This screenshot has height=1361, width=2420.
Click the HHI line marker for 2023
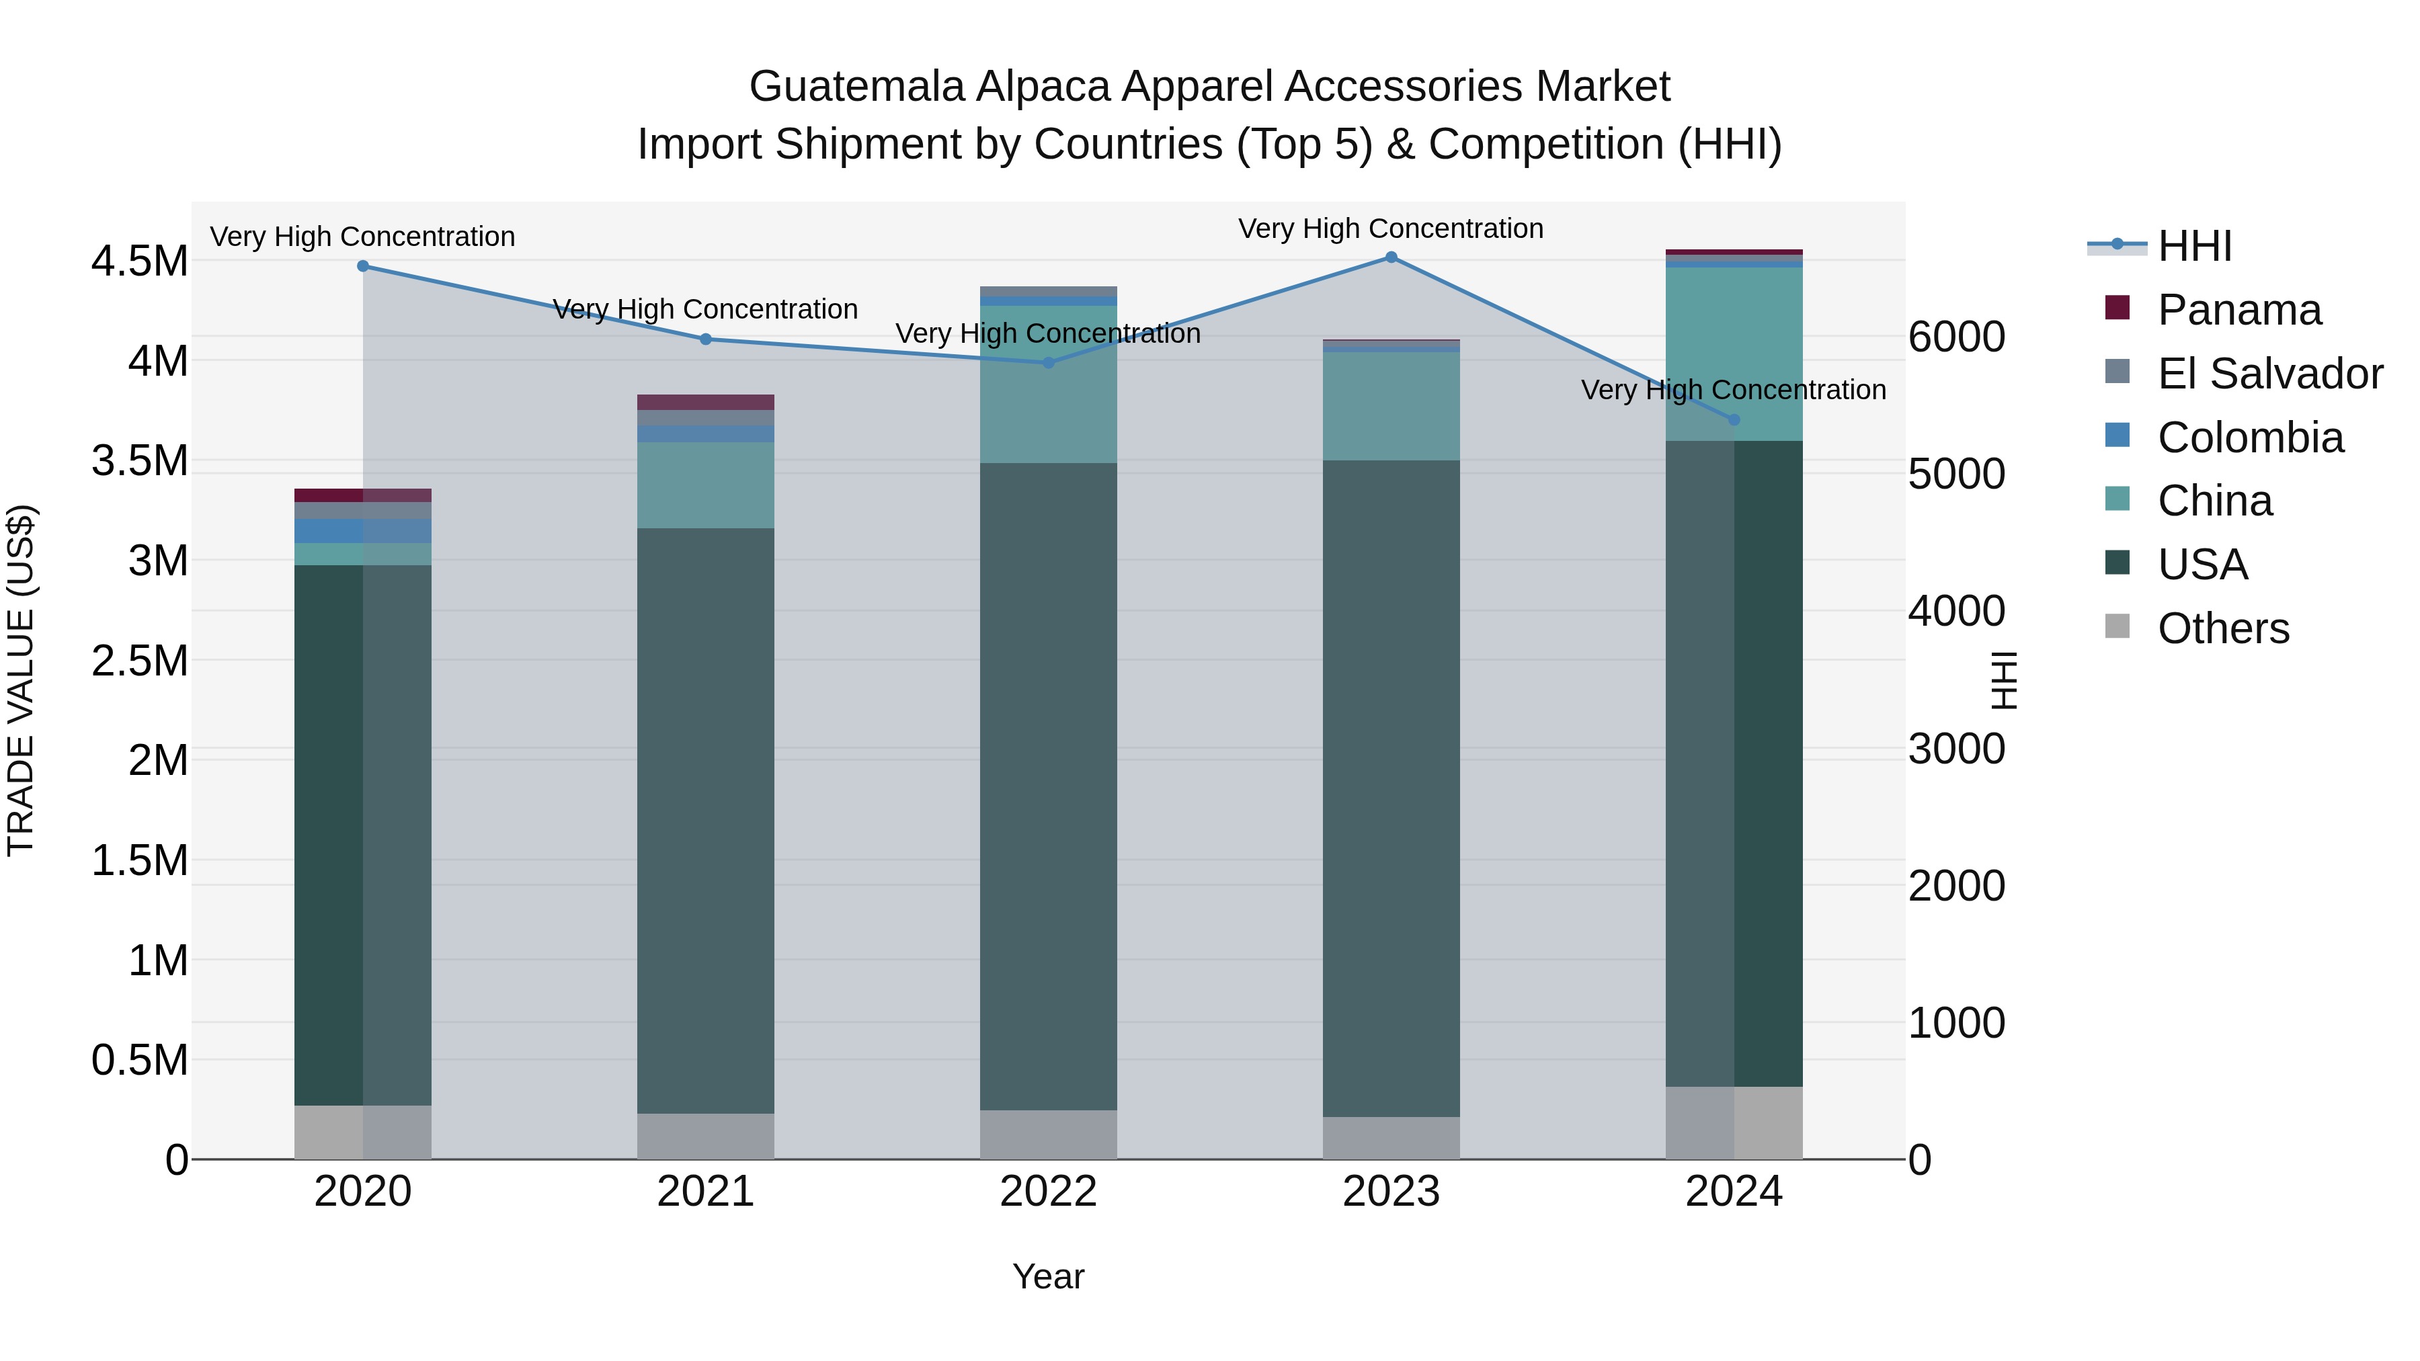1391,257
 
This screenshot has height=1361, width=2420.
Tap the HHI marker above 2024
1734,420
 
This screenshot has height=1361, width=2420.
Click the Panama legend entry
2240,310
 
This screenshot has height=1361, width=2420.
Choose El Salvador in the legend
2269,374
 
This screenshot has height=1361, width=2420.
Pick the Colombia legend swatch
2117,436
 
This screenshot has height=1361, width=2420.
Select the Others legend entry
2223,628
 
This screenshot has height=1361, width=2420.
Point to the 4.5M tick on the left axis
139,261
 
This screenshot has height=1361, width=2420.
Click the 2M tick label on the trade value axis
158,760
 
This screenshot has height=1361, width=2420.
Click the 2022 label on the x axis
1049,1192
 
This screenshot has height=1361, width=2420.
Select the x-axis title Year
1049,1276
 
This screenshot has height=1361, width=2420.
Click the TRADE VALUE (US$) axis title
21,680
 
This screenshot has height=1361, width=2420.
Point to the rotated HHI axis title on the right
2003,680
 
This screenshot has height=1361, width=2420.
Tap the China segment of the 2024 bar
1734,355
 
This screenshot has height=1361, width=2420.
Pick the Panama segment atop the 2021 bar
706,402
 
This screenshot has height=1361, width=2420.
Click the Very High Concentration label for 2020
362,237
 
